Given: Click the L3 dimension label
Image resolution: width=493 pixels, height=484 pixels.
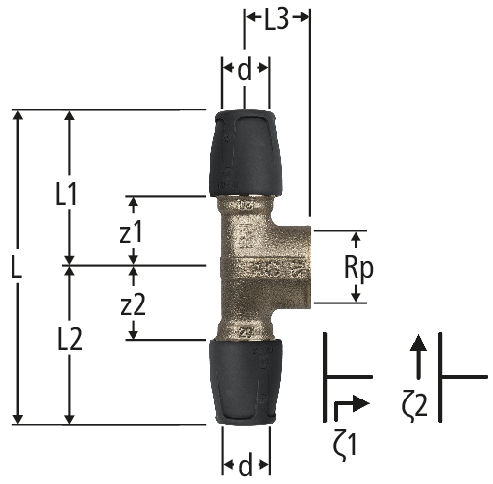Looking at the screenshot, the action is click(277, 20).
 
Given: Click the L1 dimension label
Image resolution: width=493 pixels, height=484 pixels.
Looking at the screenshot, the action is click(66, 194).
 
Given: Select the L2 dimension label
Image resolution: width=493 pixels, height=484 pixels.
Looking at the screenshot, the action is click(69, 339).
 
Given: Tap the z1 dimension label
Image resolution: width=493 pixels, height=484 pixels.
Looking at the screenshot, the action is click(131, 232).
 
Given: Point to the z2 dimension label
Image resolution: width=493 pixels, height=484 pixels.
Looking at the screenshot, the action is click(134, 304).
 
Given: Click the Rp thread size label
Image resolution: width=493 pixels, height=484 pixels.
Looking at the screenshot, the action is click(358, 268).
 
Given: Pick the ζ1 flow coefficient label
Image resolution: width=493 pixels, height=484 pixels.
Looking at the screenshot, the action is click(345, 445).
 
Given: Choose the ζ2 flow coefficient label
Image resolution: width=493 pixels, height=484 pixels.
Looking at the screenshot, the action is click(414, 404).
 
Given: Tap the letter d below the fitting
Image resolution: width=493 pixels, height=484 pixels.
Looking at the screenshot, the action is click(245, 467).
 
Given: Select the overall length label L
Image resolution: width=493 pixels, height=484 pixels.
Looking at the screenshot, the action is click(16, 266).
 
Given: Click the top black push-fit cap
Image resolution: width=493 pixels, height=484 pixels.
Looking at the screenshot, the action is click(245, 154).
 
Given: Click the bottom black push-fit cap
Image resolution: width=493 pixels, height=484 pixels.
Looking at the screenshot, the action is click(245, 382).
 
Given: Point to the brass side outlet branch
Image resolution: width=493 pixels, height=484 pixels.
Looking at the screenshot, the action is click(291, 267).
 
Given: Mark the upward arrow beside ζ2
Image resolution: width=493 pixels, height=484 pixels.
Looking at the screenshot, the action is click(418, 357).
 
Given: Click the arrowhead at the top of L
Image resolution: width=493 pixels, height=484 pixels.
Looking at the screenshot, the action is click(18, 115).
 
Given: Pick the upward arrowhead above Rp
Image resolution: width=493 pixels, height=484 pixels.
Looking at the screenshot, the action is click(356, 237).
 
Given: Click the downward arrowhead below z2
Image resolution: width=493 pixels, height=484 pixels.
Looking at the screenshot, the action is click(134, 333).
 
